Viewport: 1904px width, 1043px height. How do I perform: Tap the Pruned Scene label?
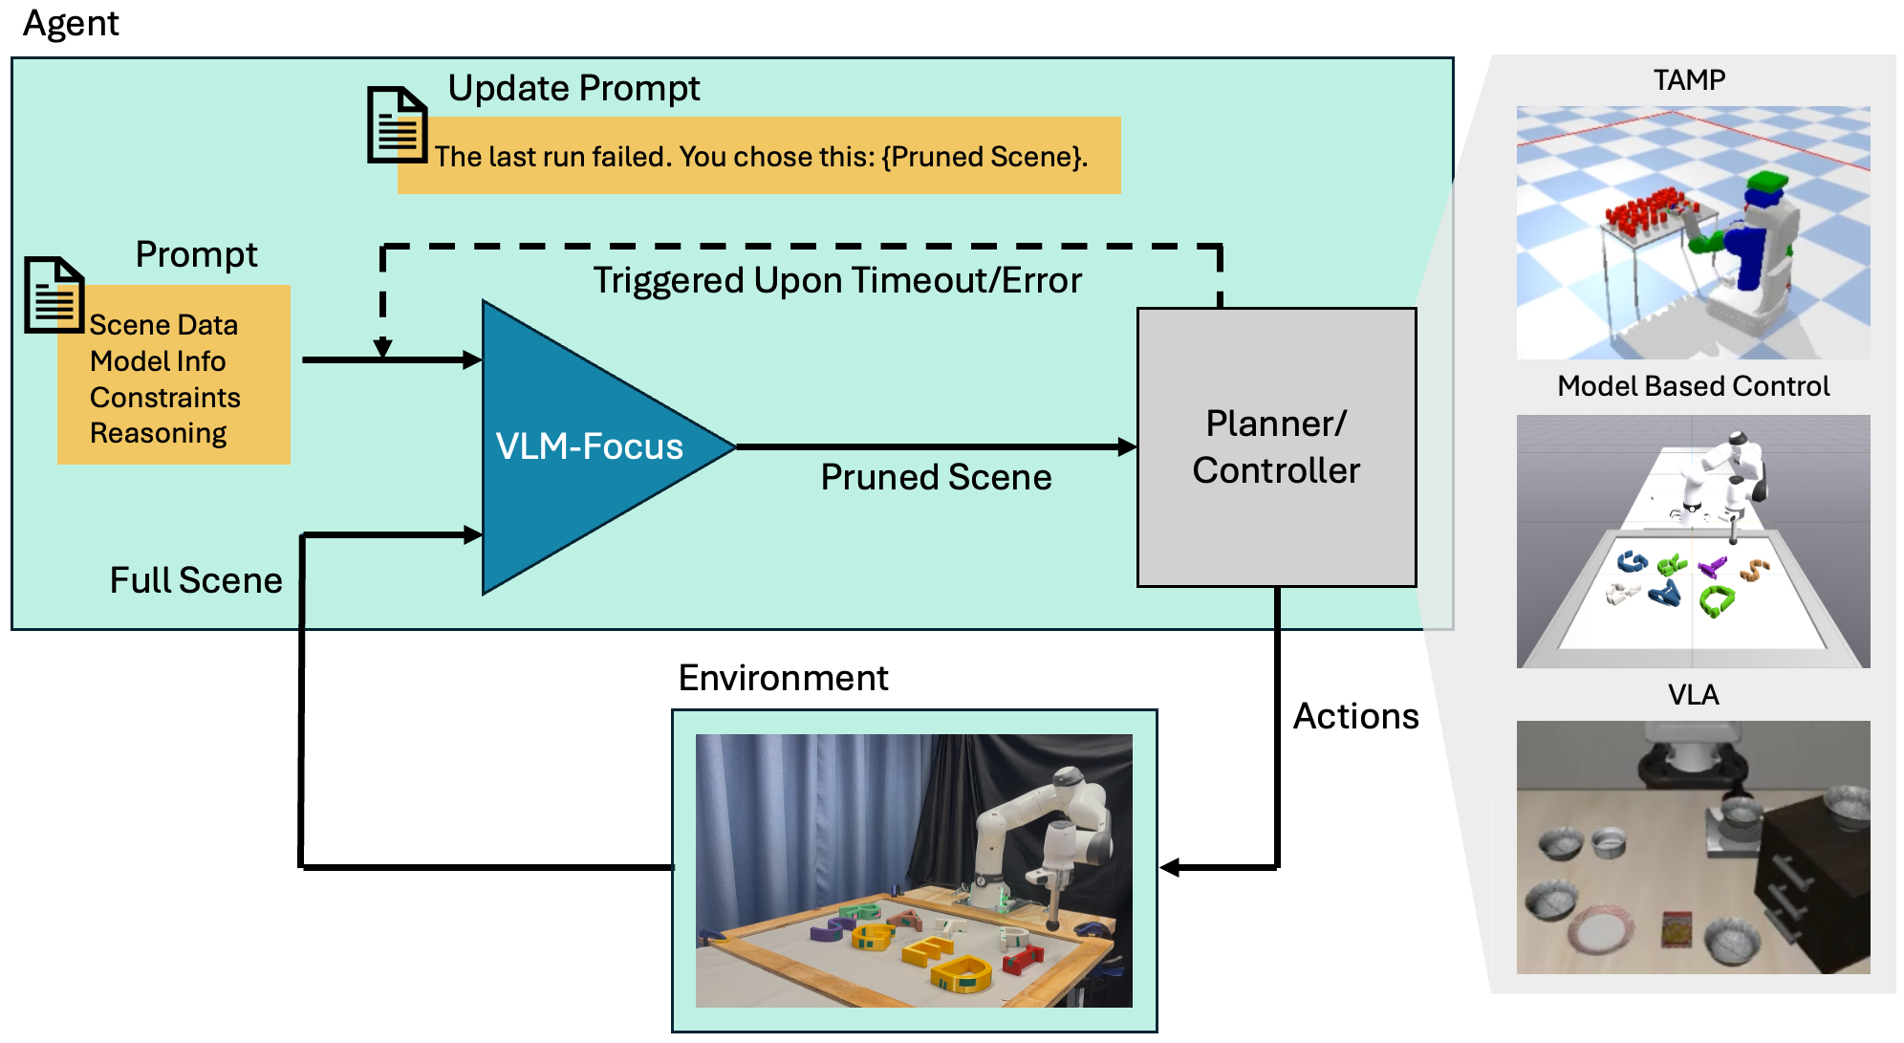935,477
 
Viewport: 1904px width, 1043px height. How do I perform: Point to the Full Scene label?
196,580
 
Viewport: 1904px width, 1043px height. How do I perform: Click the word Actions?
1355,716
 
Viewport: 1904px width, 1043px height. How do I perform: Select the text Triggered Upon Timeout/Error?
836,280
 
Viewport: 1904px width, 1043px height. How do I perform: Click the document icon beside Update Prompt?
397,125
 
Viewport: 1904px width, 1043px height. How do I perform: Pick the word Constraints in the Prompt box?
164,397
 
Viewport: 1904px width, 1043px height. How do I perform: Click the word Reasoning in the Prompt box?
158,433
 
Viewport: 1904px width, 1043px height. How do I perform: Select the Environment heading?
783,678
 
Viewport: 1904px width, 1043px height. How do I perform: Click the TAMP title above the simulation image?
1689,79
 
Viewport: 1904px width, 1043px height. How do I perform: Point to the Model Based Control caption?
1693,386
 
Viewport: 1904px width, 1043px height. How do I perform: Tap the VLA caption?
1693,695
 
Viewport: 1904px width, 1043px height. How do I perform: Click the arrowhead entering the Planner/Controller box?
1128,446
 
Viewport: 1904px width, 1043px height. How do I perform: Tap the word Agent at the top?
71,23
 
